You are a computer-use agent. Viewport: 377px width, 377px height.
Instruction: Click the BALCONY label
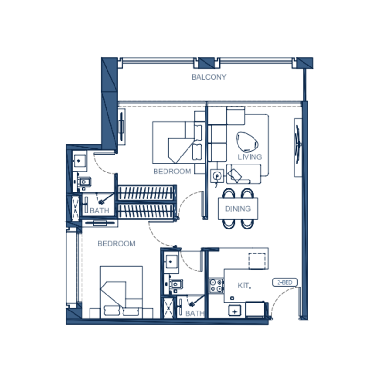point(209,77)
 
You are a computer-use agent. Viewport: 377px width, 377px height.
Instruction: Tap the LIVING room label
point(250,157)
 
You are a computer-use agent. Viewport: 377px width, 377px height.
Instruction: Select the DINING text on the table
point(238,209)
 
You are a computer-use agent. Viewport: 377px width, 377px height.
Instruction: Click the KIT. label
point(244,286)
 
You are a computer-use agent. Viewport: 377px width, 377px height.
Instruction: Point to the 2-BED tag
point(285,282)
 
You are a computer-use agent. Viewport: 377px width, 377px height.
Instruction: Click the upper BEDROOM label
point(172,172)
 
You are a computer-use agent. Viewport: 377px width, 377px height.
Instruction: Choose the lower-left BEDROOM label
point(116,244)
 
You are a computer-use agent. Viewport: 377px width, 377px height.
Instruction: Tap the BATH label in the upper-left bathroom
point(99,211)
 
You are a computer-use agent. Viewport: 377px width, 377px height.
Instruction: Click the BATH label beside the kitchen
point(195,313)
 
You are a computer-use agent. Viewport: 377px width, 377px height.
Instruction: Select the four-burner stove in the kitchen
point(216,286)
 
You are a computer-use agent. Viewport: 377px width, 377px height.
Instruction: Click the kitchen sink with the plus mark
point(235,311)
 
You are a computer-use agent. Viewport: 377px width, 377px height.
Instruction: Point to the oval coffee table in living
point(247,142)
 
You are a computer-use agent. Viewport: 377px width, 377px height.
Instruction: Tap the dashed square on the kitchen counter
point(257,261)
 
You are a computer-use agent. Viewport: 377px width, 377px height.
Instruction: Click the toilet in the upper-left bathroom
point(84,182)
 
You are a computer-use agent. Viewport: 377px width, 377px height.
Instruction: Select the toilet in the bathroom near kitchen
point(176,284)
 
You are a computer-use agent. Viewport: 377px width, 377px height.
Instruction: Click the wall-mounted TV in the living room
point(298,148)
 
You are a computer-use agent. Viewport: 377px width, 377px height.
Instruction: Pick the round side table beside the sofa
point(217,176)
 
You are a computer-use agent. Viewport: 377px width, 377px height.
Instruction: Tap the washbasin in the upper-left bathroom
point(79,161)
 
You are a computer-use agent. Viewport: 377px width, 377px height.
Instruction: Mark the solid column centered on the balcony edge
point(206,63)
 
